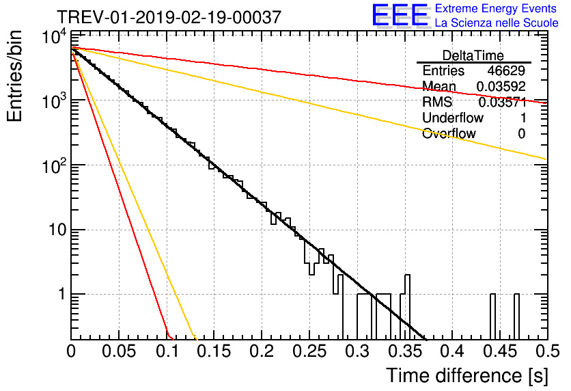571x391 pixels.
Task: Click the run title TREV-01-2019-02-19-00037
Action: point(169,17)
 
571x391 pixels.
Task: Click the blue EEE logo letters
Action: point(400,15)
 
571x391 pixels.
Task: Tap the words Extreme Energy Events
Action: point(496,8)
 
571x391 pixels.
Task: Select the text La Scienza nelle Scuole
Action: point(497,23)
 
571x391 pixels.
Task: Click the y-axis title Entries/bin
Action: point(14,77)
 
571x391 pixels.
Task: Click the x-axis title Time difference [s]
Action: point(467,376)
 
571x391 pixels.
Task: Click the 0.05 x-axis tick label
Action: point(119,351)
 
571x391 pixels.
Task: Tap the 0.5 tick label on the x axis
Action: point(547,351)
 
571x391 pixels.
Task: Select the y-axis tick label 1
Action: point(63,294)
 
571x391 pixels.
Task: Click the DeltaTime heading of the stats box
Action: point(473,55)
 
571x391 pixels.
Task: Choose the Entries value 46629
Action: point(506,70)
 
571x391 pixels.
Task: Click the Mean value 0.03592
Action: point(501,86)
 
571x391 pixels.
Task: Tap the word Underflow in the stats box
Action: point(453,118)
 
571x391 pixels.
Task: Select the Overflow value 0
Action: point(521,134)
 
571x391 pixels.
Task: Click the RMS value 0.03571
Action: point(503,102)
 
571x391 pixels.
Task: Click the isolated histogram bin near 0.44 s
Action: point(492,316)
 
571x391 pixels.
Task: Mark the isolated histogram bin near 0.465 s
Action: point(516,316)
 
